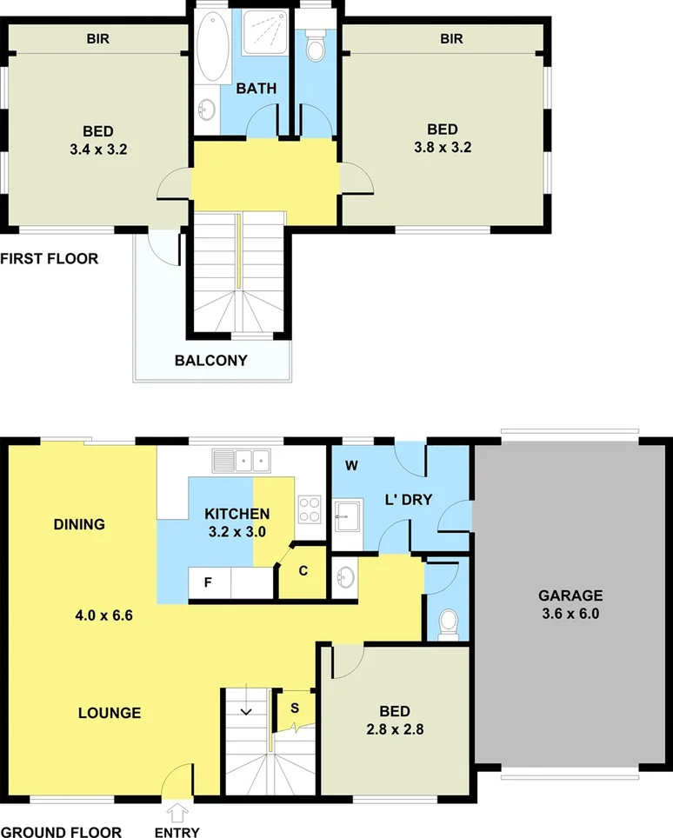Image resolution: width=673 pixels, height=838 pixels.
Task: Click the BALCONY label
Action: click(211, 360)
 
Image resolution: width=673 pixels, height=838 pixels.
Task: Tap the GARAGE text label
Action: click(570, 595)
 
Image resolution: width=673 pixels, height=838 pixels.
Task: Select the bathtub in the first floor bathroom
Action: click(210, 54)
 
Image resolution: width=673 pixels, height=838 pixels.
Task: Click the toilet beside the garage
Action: click(449, 622)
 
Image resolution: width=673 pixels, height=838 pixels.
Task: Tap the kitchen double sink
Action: click(243, 460)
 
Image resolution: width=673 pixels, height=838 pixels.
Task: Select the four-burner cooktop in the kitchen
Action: click(310, 508)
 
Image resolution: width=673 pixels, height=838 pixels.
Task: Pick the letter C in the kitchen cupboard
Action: click(303, 571)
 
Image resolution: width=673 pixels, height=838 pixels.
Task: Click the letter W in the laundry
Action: click(352, 465)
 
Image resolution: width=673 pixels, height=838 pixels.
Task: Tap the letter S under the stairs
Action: click(294, 707)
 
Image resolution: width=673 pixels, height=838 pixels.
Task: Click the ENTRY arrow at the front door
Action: click(178, 814)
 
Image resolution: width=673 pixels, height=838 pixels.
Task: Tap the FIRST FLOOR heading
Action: click(50, 258)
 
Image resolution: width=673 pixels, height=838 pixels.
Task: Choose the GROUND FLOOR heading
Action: click(61, 832)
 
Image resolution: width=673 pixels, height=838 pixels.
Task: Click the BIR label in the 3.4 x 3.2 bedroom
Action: click(97, 38)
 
